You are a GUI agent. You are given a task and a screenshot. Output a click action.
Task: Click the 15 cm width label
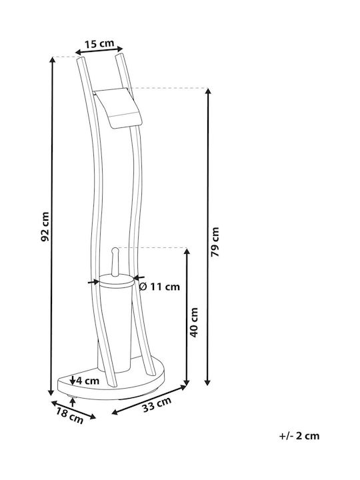[99, 44]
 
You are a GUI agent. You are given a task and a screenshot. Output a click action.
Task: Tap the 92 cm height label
[45, 227]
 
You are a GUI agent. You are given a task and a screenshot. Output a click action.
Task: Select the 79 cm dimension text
[215, 242]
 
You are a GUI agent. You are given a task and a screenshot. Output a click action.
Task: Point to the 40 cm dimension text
[194, 323]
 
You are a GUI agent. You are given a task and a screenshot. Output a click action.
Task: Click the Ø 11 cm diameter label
[159, 287]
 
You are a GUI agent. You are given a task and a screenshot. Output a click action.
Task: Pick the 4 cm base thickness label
[88, 381]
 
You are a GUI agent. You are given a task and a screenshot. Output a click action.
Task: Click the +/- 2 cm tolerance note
[299, 436]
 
